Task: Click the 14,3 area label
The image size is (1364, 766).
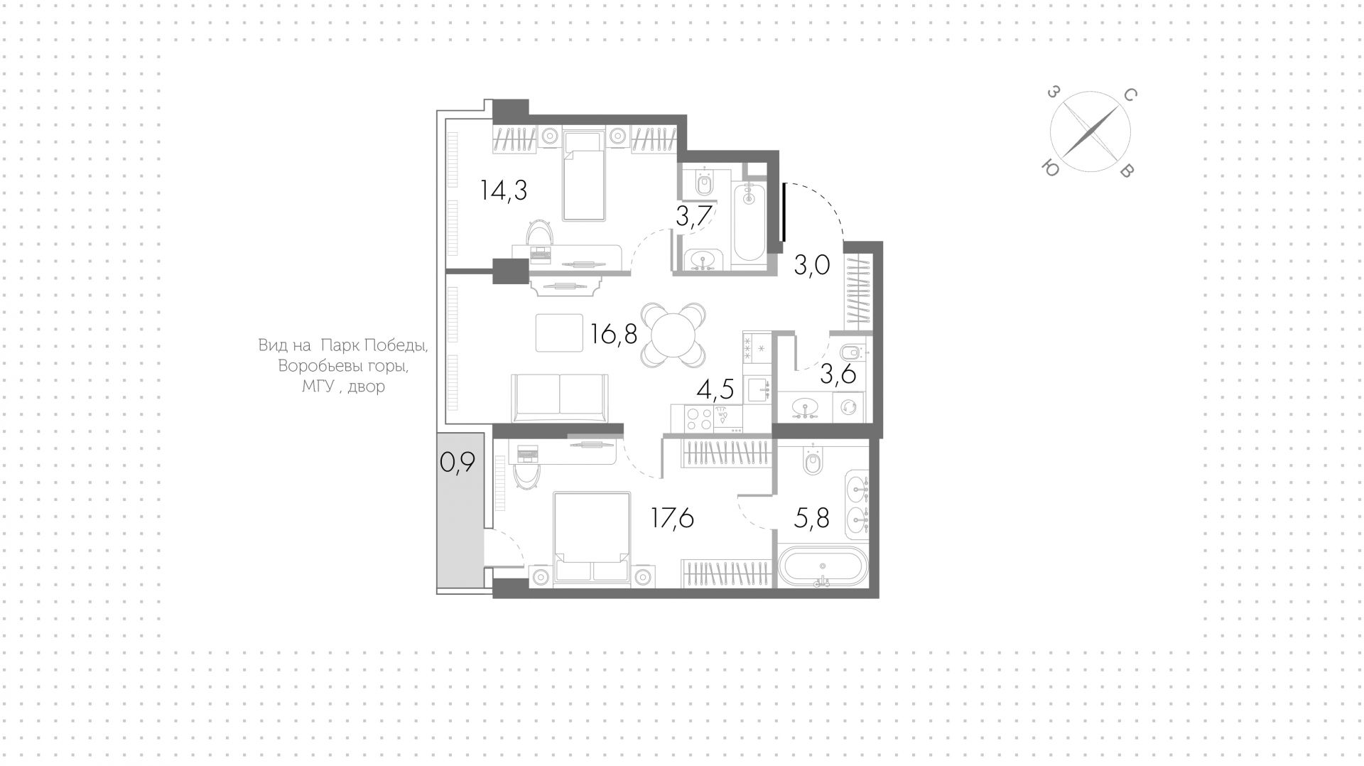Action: tap(504, 190)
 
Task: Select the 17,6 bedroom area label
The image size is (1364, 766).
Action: tap(673, 518)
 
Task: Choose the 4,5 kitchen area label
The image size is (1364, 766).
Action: tap(715, 390)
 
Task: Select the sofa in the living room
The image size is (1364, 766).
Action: tap(560, 398)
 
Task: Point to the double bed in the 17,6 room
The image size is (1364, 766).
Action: tap(592, 539)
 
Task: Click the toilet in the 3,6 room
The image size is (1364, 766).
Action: tap(851, 352)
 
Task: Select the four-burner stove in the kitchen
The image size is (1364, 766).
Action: tap(698, 418)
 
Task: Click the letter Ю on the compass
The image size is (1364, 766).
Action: tap(1050, 168)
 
